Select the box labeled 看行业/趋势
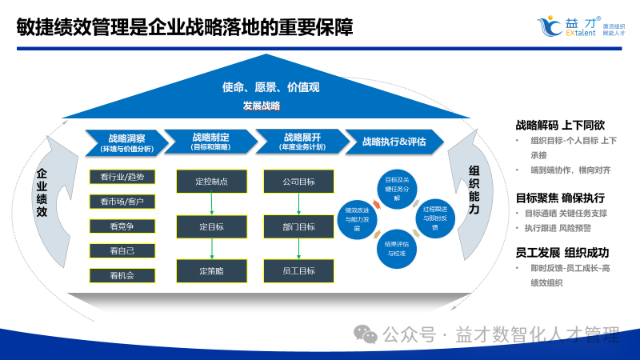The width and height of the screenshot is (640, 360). [122, 177]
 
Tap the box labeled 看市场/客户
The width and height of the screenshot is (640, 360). [122, 201]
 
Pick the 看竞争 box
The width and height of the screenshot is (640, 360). [122, 226]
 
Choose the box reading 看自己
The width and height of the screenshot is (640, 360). [122, 250]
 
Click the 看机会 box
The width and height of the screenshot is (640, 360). [122, 275]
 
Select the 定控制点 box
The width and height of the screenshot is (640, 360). [211, 182]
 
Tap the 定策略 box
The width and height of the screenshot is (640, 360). [211, 270]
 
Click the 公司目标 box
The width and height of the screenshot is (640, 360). [299, 182]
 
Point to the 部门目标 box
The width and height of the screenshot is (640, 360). [299, 226]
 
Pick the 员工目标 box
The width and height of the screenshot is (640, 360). [299, 270]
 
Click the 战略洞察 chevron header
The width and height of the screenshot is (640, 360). [126, 142]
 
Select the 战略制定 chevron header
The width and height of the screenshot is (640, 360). [211, 142]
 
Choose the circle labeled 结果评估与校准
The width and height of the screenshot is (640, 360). [397, 248]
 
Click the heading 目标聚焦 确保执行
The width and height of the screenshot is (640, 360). [560, 198]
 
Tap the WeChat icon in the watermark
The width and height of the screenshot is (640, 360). [366, 334]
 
